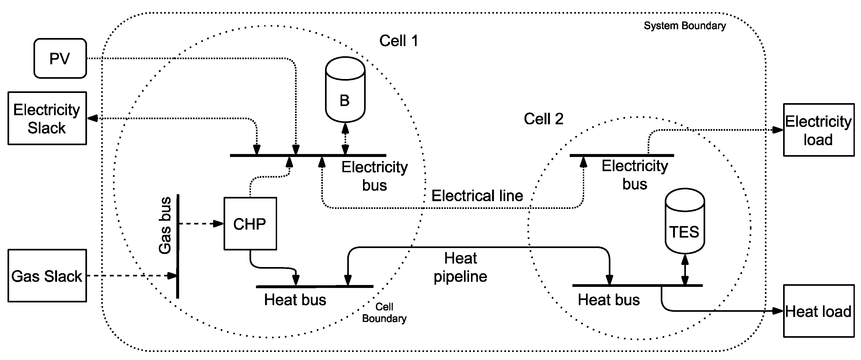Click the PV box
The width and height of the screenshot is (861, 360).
(60, 58)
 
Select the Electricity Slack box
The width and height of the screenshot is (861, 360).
(47, 118)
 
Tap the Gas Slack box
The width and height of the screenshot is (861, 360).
(47, 276)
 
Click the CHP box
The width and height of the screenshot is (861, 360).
(250, 224)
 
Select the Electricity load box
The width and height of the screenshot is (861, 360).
(818, 130)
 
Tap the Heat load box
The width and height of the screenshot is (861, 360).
(818, 311)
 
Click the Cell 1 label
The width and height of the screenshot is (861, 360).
(398, 41)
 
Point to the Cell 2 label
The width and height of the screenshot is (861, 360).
(543, 119)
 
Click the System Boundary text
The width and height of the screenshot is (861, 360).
(685, 26)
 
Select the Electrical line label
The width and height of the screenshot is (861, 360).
(477, 196)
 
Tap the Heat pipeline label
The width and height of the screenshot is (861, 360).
(460, 267)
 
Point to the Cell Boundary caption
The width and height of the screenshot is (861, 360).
(384, 313)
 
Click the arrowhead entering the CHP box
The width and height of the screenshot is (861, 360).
(219, 224)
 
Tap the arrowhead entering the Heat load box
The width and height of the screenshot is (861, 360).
(779, 311)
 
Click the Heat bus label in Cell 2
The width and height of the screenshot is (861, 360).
(609, 300)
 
